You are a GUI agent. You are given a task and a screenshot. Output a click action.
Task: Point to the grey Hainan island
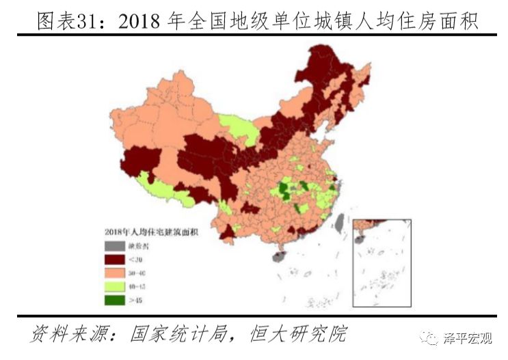pyautogui.click(x=278, y=257)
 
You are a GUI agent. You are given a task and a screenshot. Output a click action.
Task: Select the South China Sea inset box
pyautogui.click(x=384, y=263)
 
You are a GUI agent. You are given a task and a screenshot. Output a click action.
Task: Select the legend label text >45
pyautogui.click(x=137, y=299)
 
